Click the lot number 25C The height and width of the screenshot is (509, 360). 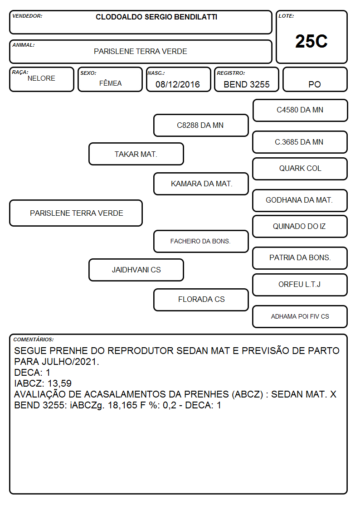[311, 41]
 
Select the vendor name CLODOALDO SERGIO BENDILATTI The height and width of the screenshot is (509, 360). [156, 17]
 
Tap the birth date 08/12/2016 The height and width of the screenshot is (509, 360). [178, 84]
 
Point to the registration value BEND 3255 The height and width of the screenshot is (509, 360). [246, 84]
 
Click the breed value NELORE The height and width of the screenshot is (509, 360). [41, 78]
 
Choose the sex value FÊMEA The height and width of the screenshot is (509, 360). [110, 83]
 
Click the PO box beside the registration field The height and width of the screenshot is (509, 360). [315, 79]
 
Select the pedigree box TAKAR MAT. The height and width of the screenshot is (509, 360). [136, 154]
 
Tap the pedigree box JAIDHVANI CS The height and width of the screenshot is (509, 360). [136, 270]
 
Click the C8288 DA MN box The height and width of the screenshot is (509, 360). [201, 125]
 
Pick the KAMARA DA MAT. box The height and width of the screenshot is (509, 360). [201, 184]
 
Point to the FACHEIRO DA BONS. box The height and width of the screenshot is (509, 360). [201, 241]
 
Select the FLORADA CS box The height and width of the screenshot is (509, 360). [201, 300]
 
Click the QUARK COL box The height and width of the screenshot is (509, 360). [300, 169]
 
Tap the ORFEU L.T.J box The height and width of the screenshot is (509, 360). [300, 285]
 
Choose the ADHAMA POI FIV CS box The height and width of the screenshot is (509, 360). [300, 316]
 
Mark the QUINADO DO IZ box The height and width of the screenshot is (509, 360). [300, 226]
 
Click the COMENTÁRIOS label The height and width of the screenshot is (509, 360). [34, 339]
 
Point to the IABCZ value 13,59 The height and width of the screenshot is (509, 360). [59, 383]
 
